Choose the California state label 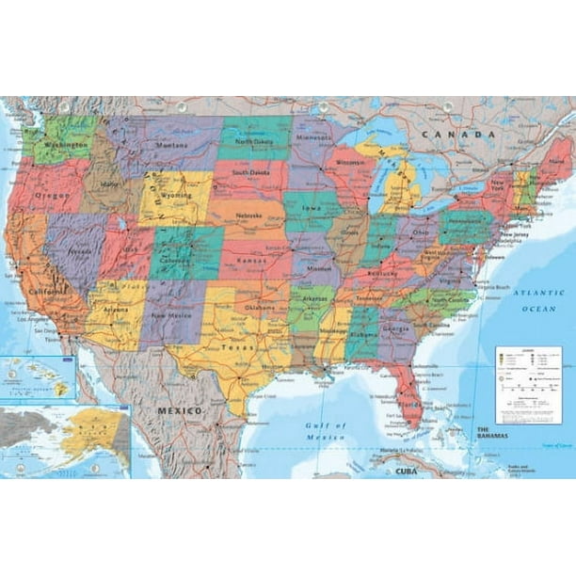[x=47, y=293]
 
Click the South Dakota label [x=252, y=173]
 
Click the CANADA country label [x=445, y=136]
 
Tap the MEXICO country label [x=180, y=411]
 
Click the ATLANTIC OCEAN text [x=543, y=300]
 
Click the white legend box [x=527, y=385]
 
